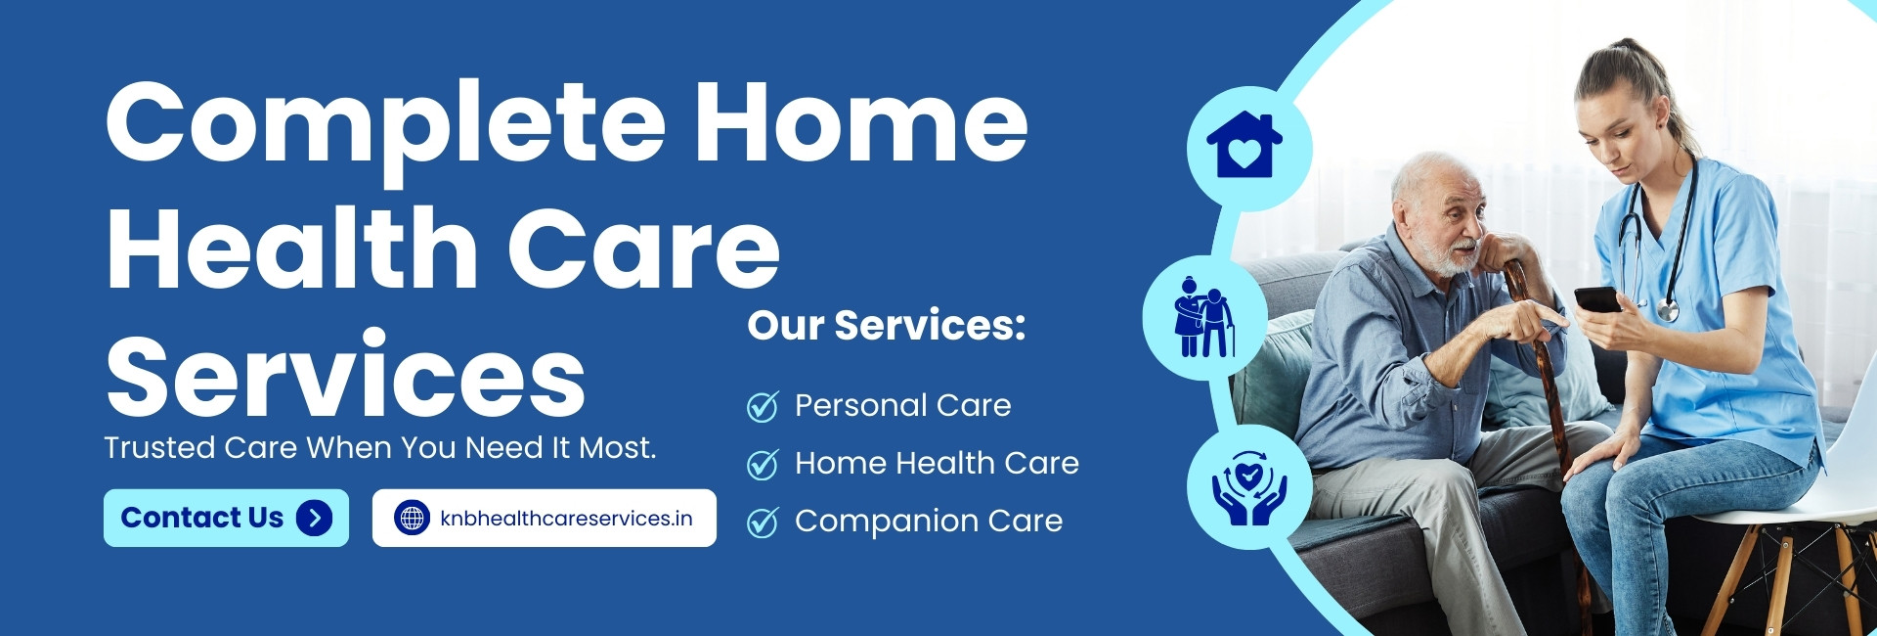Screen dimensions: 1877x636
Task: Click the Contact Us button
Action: tap(226, 518)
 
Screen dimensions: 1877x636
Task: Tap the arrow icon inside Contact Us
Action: tap(314, 518)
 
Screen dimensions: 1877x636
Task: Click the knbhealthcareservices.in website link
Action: tap(545, 518)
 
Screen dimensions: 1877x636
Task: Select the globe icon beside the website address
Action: tap(412, 518)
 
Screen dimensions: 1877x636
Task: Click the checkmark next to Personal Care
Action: tap(763, 406)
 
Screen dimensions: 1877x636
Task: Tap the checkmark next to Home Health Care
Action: tap(763, 464)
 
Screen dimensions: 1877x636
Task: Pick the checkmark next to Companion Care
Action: tap(763, 522)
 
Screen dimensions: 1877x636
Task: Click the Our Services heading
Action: tap(887, 325)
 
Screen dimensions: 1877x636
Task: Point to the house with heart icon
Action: tap(1244, 145)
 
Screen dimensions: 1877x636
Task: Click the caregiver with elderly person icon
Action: tap(1203, 316)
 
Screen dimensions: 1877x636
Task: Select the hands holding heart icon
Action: tap(1249, 487)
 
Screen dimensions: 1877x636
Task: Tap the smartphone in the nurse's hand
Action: tap(1597, 299)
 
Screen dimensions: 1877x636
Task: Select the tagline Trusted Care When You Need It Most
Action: tap(380, 447)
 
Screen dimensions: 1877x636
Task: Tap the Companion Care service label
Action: tap(929, 521)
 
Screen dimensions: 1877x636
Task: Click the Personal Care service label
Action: tap(903, 405)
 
